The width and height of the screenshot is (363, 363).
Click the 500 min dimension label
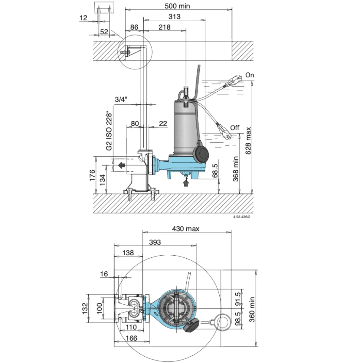177,6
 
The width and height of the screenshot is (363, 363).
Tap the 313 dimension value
175,17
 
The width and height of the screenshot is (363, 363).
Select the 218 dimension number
165,27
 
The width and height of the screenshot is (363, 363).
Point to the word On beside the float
250,75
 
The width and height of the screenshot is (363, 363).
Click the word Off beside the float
235,128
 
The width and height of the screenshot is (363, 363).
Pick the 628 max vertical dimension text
248,141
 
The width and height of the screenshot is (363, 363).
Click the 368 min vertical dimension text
236,169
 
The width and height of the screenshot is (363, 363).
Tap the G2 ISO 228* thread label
109,132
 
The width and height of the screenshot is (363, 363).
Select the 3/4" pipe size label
121,99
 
